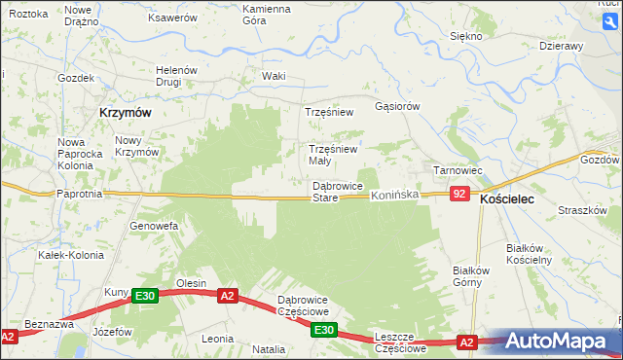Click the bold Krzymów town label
click(125, 113)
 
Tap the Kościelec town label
click(513, 198)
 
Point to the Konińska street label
click(394, 196)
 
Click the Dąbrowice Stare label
click(337, 192)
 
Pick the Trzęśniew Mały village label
click(333, 155)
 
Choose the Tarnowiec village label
click(458, 170)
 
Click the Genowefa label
click(154, 226)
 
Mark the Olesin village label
click(191, 283)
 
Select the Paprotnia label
click(80, 194)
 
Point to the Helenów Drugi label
click(177, 76)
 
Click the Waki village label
click(274, 76)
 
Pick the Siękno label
click(466, 36)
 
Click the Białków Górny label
click(468, 276)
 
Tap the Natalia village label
click(269, 348)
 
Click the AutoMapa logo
click(559, 341)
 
